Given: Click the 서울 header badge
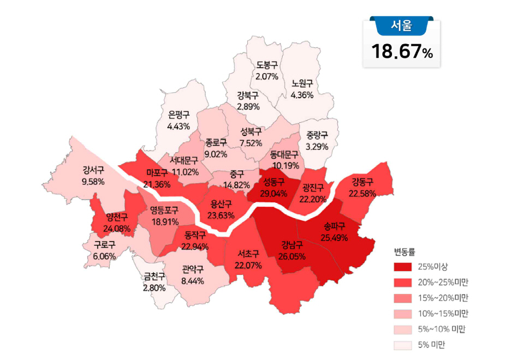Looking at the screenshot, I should pyautogui.click(x=401, y=25).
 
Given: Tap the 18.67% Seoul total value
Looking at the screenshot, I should pyautogui.click(x=402, y=52).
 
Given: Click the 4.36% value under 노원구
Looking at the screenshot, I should pyautogui.click(x=302, y=94).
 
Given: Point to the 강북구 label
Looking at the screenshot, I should pyautogui.click(x=248, y=95).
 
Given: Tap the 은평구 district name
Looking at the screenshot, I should pyautogui.click(x=179, y=115).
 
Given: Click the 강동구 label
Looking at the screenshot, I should pyautogui.click(x=362, y=181).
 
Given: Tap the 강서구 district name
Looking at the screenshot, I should pyautogui.click(x=93, y=170).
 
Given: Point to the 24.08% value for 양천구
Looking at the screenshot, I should pyautogui.click(x=117, y=228).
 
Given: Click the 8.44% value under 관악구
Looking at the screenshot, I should pyautogui.click(x=192, y=281).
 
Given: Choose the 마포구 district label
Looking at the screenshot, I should pyautogui.click(x=157, y=173).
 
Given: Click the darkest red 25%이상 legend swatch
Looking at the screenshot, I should pyautogui.click(x=405, y=267).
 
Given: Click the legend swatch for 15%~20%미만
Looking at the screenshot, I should pyautogui.click(x=405, y=298).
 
